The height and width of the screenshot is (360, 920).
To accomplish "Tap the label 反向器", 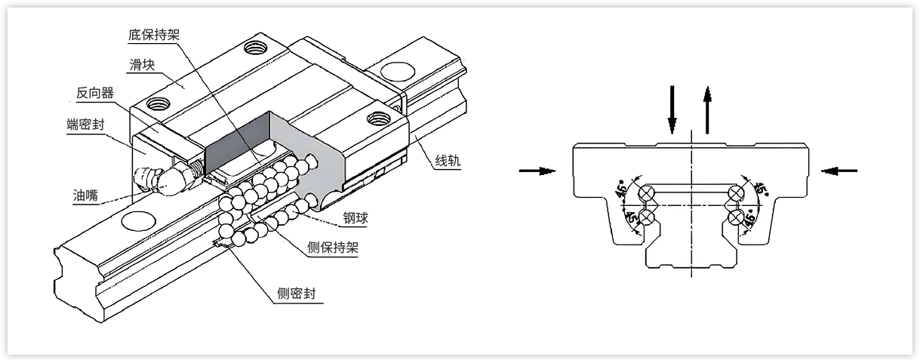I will click(94, 93).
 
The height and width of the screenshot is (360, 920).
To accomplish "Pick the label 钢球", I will click(355, 219).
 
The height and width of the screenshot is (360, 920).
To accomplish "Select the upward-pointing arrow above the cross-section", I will click(707, 109).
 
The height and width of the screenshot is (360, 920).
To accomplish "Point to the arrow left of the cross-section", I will click(537, 171).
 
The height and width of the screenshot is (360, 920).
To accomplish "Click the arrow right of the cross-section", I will click(838, 171).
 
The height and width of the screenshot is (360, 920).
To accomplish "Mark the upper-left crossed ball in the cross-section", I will click(645, 195).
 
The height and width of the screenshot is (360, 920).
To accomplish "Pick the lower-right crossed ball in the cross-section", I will click(736, 219).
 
